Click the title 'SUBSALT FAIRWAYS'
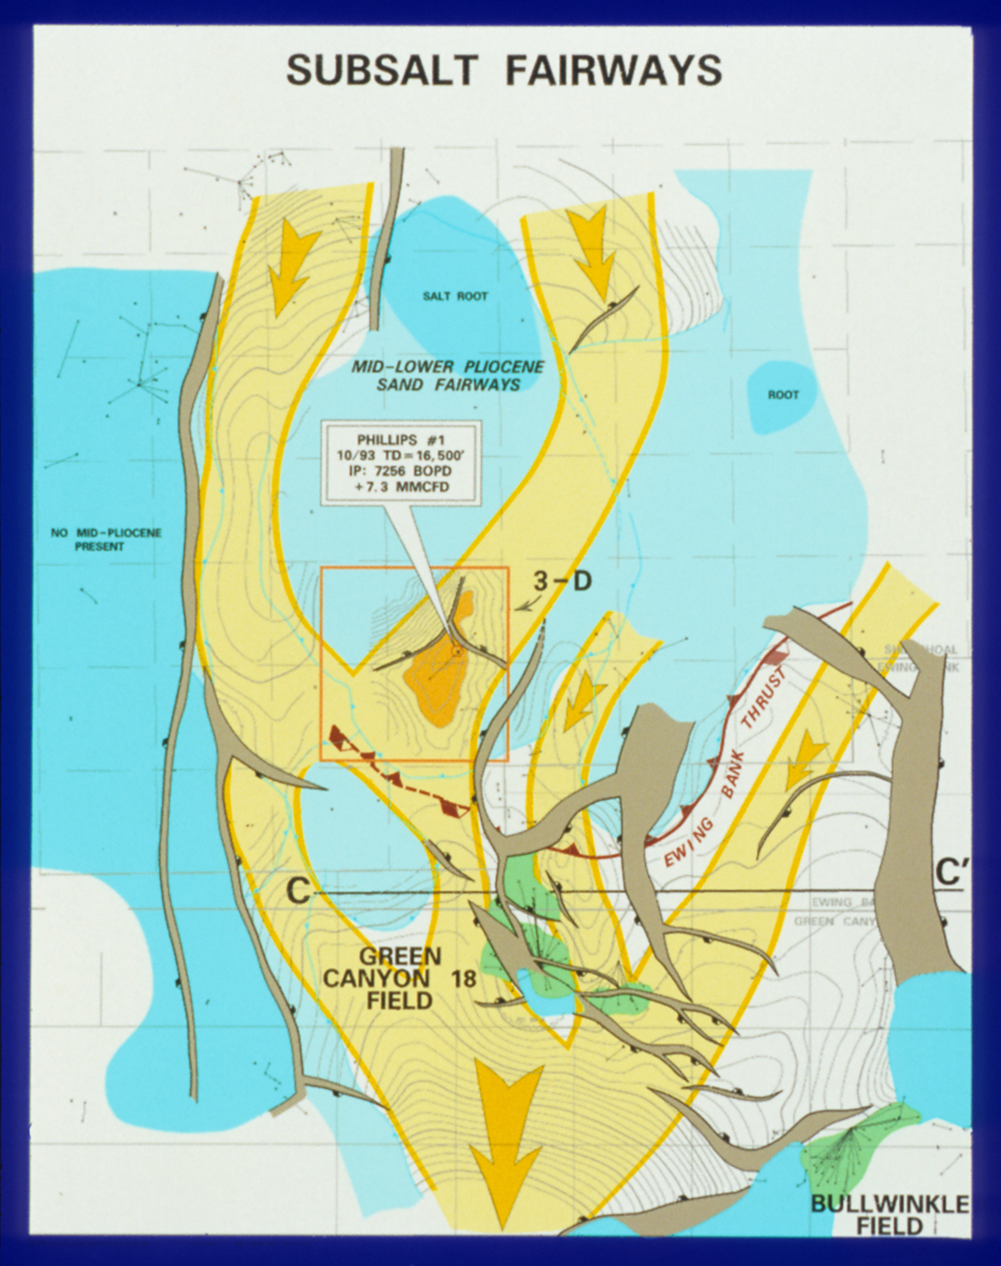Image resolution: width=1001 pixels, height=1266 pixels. pos(504,71)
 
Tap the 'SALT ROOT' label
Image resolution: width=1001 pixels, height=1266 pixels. pos(455,297)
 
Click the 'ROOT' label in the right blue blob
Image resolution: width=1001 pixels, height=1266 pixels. pos(783,395)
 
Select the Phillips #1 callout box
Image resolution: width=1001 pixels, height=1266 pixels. pos(401,463)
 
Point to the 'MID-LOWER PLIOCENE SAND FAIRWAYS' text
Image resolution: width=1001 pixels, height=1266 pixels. pos(448,376)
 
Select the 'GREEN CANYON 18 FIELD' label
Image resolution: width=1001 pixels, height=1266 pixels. pos(400,977)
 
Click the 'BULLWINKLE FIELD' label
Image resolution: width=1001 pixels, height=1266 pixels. pos(888,1214)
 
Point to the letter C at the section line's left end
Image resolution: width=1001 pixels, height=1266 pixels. pos(298,890)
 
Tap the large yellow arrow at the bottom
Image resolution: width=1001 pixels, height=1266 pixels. pos(503,1136)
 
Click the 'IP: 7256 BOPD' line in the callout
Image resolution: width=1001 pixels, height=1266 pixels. pos(401,471)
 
